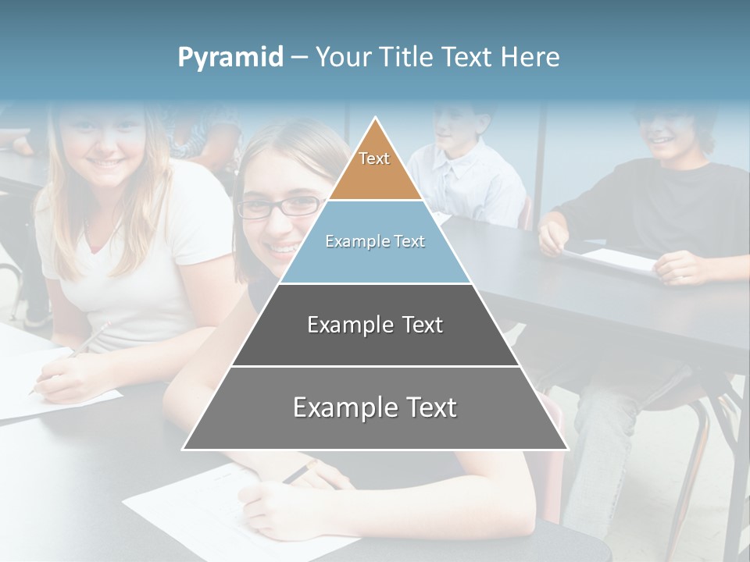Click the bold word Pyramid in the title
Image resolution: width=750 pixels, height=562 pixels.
[x=230, y=57]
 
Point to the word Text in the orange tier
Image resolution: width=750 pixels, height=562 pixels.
[x=374, y=158]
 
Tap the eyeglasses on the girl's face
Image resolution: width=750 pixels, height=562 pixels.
[x=281, y=207]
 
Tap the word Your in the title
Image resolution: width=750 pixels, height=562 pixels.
[x=343, y=57]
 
